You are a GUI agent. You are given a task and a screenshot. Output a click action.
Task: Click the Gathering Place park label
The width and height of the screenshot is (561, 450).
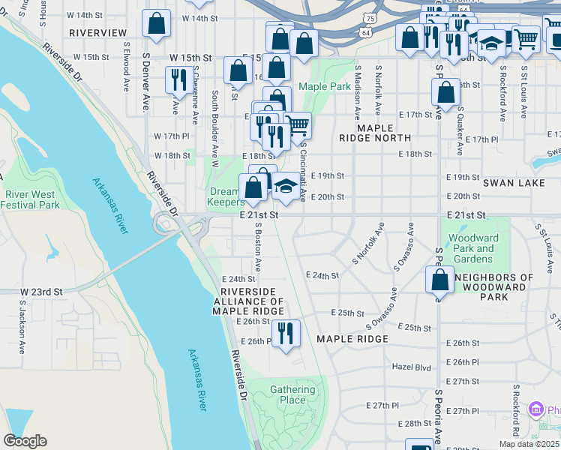pyautogui.click(x=292, y=394)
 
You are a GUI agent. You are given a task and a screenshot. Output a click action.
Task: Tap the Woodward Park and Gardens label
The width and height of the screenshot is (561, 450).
pyautogui.click(x=473, y=249)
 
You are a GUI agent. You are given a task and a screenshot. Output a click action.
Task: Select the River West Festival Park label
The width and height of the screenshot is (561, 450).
pyautogui.click(x=31, y=199)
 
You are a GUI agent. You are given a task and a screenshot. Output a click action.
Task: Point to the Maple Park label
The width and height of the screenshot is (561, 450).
pyautogui.click(x=325, y=86)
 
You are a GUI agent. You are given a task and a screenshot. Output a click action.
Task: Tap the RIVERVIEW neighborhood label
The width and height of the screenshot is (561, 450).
pyautogui.click(x=97, y=33)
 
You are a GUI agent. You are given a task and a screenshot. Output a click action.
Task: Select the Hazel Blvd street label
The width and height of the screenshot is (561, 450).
pyautogui.click(x=412, y=367)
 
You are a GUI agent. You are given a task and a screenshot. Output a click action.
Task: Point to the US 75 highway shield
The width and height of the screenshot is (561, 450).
pyautogui.click(x=368, y=17)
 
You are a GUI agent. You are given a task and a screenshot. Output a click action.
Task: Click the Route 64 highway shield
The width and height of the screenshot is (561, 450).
pyautogui.click(x=365, y=33)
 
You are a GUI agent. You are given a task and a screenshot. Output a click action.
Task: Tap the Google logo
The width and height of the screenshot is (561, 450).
pyautogui.click(x=25, y=441)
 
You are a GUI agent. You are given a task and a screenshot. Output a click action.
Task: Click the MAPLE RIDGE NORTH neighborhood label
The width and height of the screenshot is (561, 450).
pyautogui.click(x=384, y=133)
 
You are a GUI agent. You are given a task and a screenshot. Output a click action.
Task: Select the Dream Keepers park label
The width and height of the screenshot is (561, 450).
pyautogui.click(x=226, y=196)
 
